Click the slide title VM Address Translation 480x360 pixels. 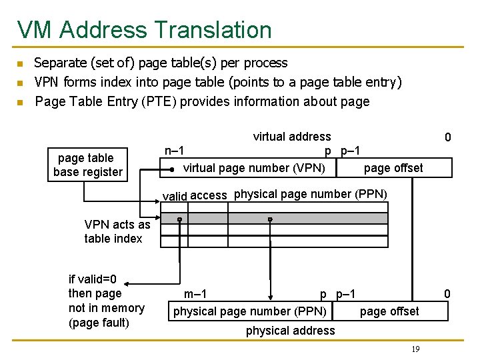[x=144, y=30]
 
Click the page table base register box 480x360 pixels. [x=88, y=165]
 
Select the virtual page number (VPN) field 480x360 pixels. [x=254, y=168]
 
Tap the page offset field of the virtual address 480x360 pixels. [x=393, y=168]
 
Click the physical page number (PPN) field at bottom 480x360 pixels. [x=250, y=311]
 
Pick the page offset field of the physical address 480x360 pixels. [x=389, y=311]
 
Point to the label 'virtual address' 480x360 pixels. [x=292, y=137]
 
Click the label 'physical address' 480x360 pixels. [x=290, y=331]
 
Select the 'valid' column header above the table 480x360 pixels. [x=175, y=196]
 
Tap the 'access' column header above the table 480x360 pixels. [x=209, y=196]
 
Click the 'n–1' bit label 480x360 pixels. [x=175, y=151]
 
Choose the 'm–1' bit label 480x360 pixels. [x=195, y=294]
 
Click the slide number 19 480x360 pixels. [x=416, y=349]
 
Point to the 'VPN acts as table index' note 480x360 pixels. [x=117, y=231]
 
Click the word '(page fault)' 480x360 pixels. [x=99, y=323]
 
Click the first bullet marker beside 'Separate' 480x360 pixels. [x=21, y=64]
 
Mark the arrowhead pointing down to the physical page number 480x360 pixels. [x=271, y=299]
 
